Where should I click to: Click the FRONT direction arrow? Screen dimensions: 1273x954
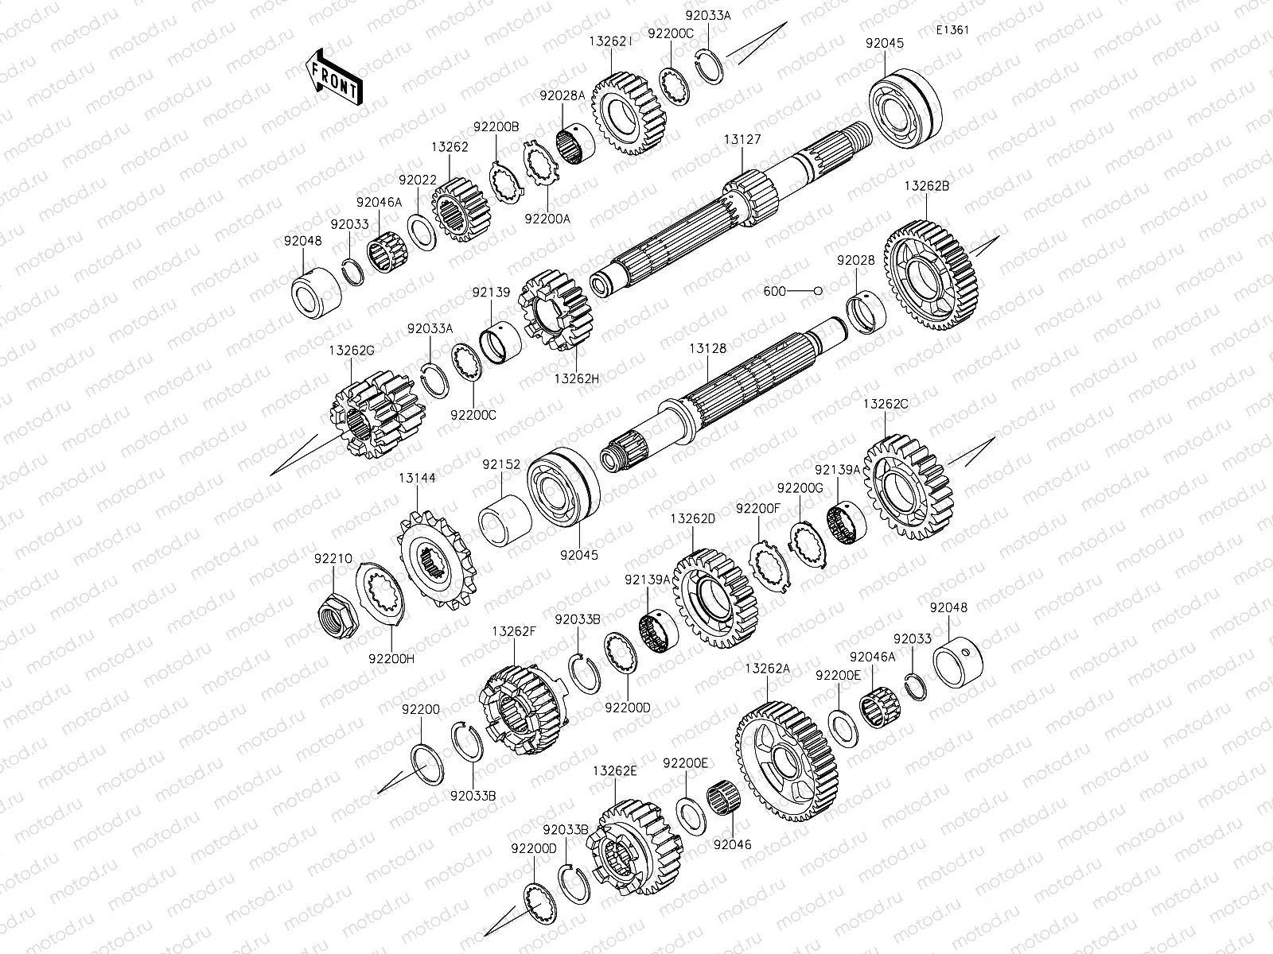[x=333, y=76]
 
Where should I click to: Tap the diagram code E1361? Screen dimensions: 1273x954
[x=952, y=30]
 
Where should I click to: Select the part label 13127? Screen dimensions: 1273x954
[x=742, y=140]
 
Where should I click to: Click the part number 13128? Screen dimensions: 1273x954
[x=707, y=348]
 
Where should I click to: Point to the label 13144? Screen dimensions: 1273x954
[x=417, y=478]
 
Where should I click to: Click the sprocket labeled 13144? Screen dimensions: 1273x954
[x=436, y=560]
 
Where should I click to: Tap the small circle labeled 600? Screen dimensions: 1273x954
[x=818, y=291]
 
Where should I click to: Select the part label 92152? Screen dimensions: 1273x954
[x=501, y=464]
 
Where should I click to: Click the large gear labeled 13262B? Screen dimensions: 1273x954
[x=930, y=275]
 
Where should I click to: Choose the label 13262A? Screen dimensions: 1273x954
[x=767, y=668]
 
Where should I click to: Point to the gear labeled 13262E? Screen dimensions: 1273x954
[x=636, y=847]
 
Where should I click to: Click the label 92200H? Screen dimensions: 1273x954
[x=391, y=658]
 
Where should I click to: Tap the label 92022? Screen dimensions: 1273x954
[x=418, y=180]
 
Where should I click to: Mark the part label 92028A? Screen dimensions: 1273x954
[x=562, y=95]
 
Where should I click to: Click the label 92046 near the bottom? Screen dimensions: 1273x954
[x=733, y=844]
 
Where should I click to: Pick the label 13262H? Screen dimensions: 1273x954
[x=577, y=378]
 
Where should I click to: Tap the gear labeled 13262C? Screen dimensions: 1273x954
[x=909, y=487]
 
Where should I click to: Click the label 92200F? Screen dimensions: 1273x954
[x=758, y=508]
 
